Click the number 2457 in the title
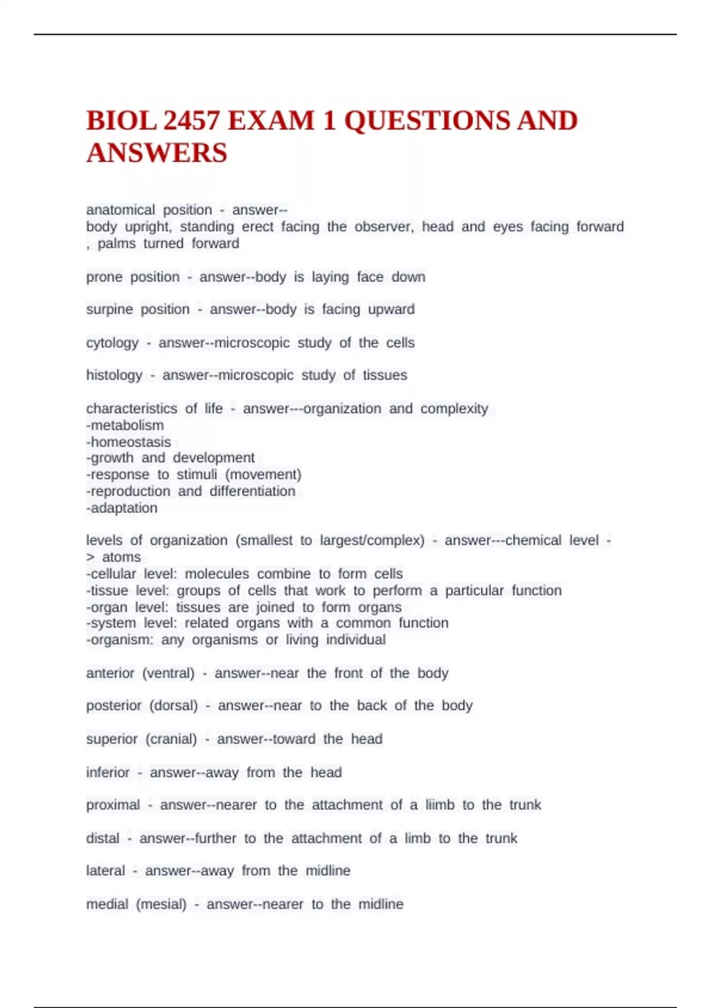point(191,121)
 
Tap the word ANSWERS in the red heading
point(157,153)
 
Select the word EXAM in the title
point(271,121)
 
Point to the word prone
point(104,277)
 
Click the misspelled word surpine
point(110,310)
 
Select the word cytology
point(112,343)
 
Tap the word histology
point(114,375)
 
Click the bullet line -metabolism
point(125,425)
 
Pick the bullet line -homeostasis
point(129,442)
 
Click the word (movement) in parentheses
point(264,474)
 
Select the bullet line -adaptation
point(122,508)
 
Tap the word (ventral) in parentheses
point(168,673)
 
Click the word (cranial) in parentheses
point(171,739)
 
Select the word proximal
point(113,805)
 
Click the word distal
point(103,838)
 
